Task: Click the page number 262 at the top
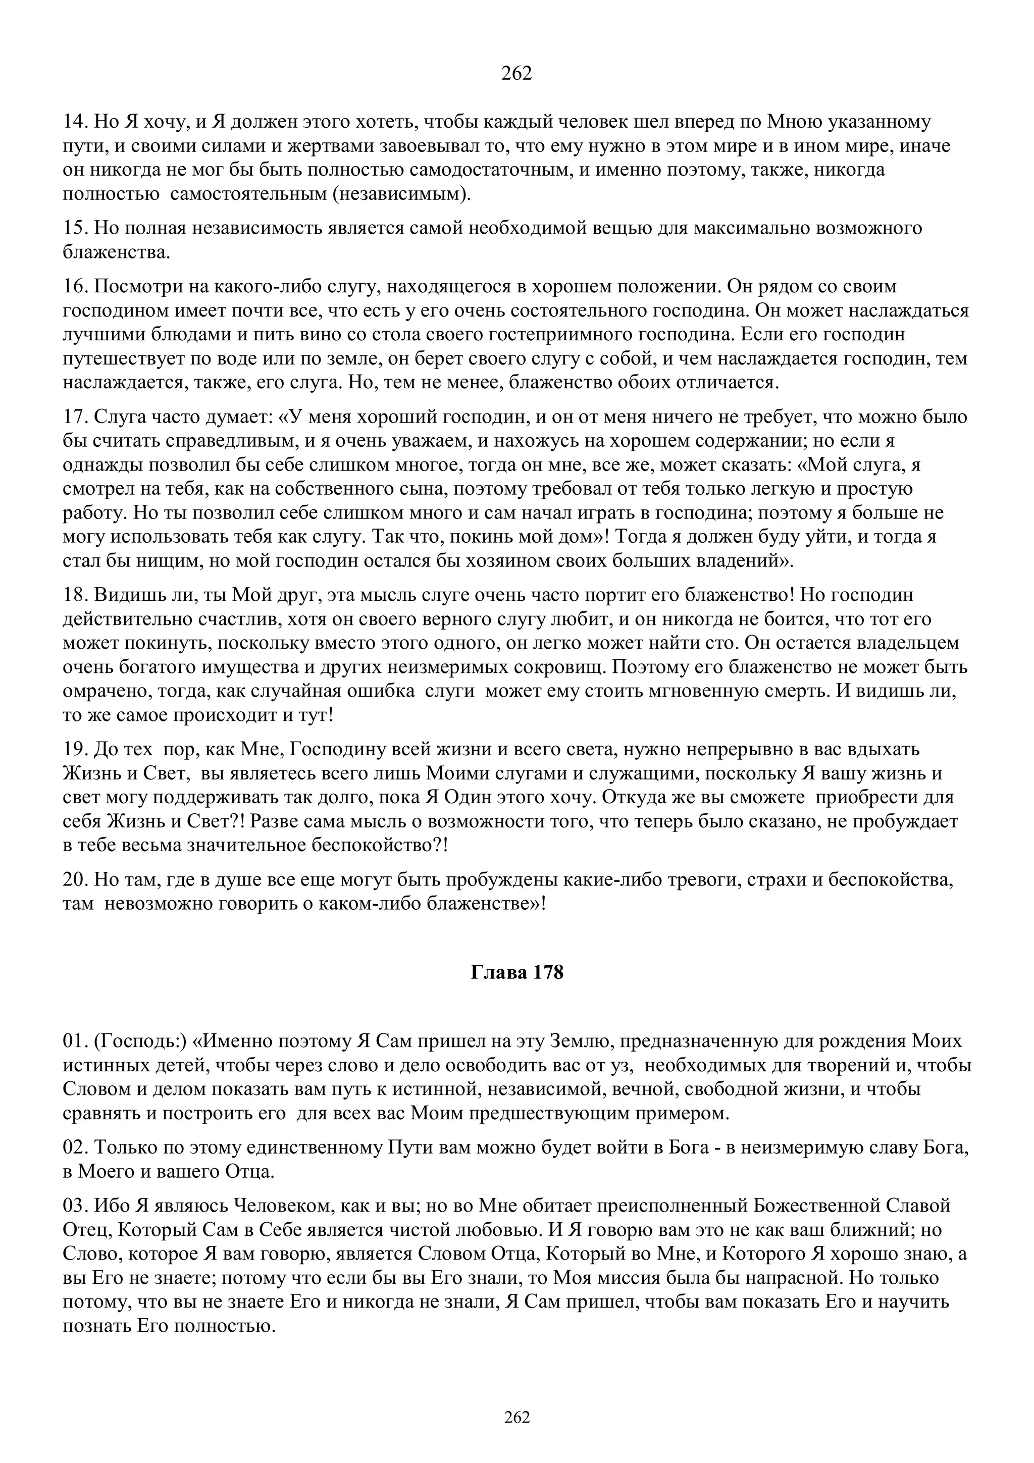pyautogui.click(x=516, y=74)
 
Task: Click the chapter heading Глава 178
pyautogui.click(x=516, y=973)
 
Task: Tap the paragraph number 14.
pyautogui.click(x=75, y=122)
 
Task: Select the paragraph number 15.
pyautogui.click(x=75, y=228)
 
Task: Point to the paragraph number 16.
pyautogui.click(x=75, y=287)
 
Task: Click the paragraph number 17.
pyautogui.click(x=75, y=417)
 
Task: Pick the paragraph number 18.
pyautogui.click(x=75, y=595)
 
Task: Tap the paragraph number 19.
pyautogui.click(x=75, y=749)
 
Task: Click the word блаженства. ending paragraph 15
pyautogui.click(x=117, y=253)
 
